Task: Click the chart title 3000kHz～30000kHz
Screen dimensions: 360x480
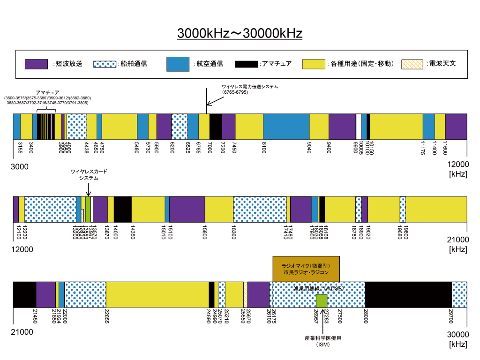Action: [240, 34]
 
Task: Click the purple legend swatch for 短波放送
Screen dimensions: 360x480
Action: [36, 64]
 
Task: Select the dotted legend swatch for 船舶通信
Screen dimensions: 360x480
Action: [105, 64]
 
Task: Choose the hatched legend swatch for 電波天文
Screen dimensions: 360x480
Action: [412, 64]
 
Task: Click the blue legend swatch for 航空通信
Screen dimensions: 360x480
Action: [178, 64]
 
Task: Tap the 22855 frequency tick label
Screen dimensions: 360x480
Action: [106, 317]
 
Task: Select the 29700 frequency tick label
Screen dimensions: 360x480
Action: [452, 317]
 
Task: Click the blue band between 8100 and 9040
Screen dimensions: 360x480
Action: [286, 127]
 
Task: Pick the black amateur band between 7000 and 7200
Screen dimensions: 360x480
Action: [215, 127]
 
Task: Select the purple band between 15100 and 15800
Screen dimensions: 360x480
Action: [187, 209]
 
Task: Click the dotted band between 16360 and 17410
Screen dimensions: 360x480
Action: [260, 209]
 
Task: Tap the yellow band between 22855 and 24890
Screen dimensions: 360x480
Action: [157, 294]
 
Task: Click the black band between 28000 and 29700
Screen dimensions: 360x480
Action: [408, 294]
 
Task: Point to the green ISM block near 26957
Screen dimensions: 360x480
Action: [321, 300]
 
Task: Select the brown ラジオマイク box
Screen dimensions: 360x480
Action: [306, 269]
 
